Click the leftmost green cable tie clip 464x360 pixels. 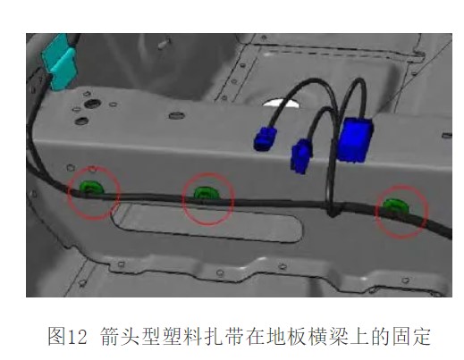pyautogui.click(x=91, y=188)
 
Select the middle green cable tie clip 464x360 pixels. pyautogui.click(x=207, y=193)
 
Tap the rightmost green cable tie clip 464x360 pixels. pyautogui.click(x=395, y=205)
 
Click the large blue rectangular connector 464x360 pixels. pyautogui.click(x=355, y=139)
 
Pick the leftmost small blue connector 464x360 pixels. pyautogui.click(x=265, y=138)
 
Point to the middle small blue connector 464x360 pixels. pyautogui.click(x=301, y=155)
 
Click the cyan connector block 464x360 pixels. pyautogui.click(x=59, y=63)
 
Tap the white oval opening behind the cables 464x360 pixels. pyautogui.click(x=281, y=103)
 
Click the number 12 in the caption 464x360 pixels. pyautogui.click(x=78, y=337)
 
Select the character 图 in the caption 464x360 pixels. pyautogui.click(x=57, y=337)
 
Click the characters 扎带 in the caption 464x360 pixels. pyautogui.click(x=215, y=337)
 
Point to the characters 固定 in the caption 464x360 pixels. pyautogui.click(x=411, y=337)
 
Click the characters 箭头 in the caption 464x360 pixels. pyautogui.click(x=120, y=337)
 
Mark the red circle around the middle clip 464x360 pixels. pyautogui.click(x=208, y=173)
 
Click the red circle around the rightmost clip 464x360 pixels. pyautogui.click(x=401, y=185)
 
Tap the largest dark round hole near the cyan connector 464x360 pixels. pyautogui.click(x=92, y=104)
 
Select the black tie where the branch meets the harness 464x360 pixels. pyautogui.click(x=333, y=210)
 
